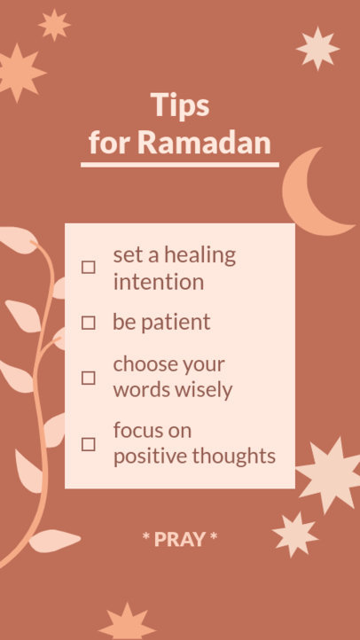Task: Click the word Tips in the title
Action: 180,105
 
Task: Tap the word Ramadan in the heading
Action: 216,143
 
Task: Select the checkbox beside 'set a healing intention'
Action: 89,267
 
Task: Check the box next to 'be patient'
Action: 89,323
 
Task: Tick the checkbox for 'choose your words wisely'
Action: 89,378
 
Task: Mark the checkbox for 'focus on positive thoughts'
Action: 89,444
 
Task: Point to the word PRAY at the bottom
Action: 179,539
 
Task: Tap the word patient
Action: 176,322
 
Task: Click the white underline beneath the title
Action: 180,164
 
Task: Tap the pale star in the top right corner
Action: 317,48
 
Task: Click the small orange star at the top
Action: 54,25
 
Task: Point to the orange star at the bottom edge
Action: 127,622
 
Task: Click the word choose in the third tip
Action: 144,365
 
